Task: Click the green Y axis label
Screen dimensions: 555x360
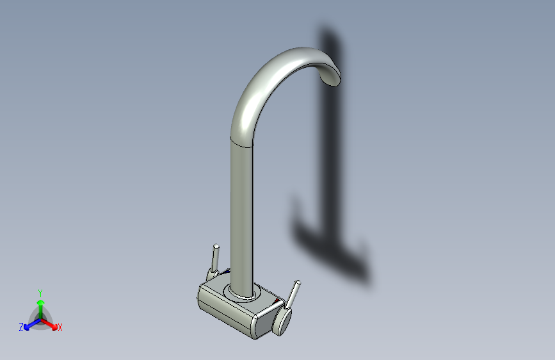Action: tap(40, 293)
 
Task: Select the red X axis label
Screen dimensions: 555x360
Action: tap(60, 328)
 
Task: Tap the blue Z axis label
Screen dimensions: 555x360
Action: tap(21, 327)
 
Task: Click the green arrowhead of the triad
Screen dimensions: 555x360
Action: tap(41, 302)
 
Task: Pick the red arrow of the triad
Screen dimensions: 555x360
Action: tap(49, 324)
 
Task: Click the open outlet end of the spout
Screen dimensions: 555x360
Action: tap(330, 79)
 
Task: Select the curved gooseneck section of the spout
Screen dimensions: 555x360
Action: tap(269, 81)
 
